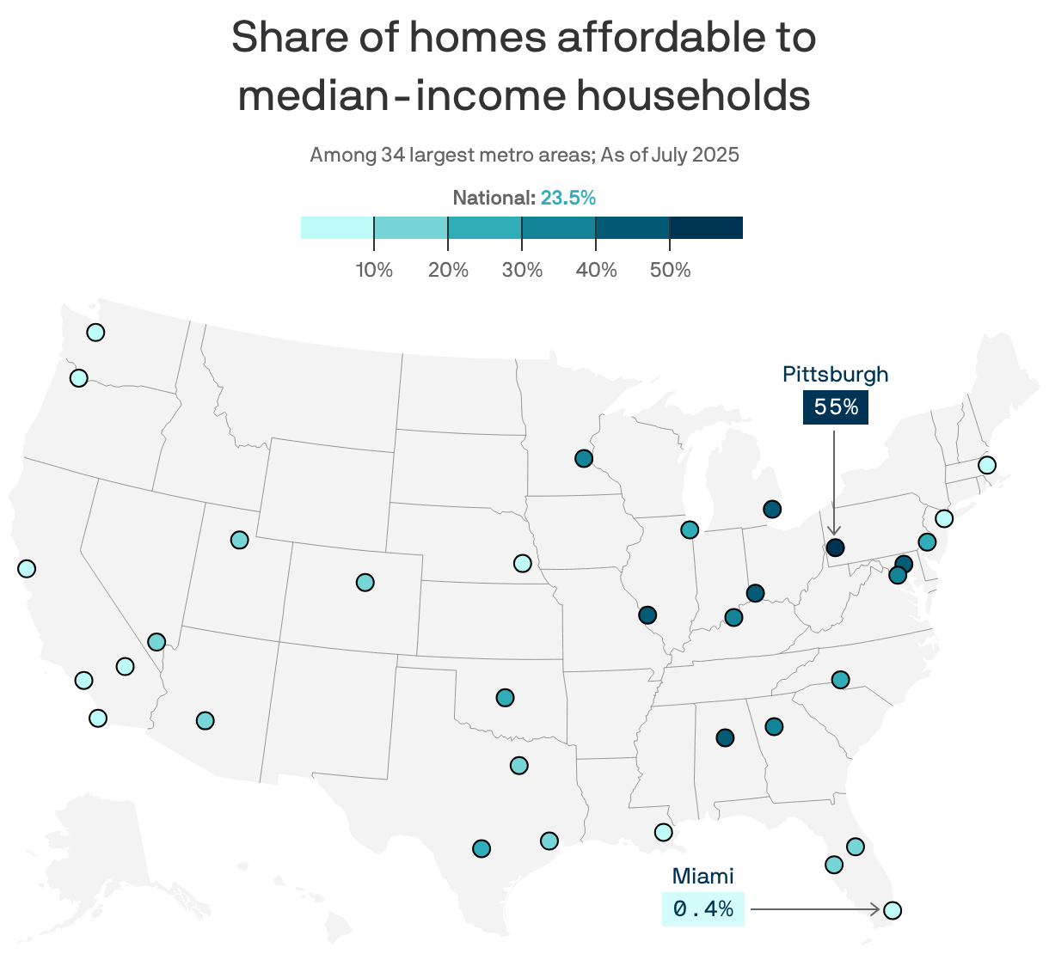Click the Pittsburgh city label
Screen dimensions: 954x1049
pos(835,374)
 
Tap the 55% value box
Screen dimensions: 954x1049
pos(836,407)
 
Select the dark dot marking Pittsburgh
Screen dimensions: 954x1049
pos(835,547)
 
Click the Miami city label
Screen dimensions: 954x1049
pos(702,876)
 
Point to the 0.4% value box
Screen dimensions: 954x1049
pos(702,908)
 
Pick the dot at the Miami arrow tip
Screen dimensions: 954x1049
pos(893,910)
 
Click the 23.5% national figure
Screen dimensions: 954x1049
pos(567,199)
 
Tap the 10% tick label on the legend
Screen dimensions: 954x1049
pos(374,270)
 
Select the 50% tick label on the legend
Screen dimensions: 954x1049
pos(670,270)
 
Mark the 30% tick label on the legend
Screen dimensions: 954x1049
pos(522,270)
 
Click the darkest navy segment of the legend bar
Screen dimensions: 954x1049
pos(706,228)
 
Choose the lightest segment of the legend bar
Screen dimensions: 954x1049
pos(337,228)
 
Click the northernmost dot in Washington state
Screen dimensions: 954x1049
pos(95,333)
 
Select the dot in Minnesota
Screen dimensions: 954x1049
pos(584,459)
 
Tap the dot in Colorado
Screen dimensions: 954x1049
pos(365,582)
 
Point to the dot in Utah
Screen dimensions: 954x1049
pos(239,540)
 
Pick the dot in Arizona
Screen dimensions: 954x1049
pos(205,720)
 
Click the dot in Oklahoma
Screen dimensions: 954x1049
pos(505,697)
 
